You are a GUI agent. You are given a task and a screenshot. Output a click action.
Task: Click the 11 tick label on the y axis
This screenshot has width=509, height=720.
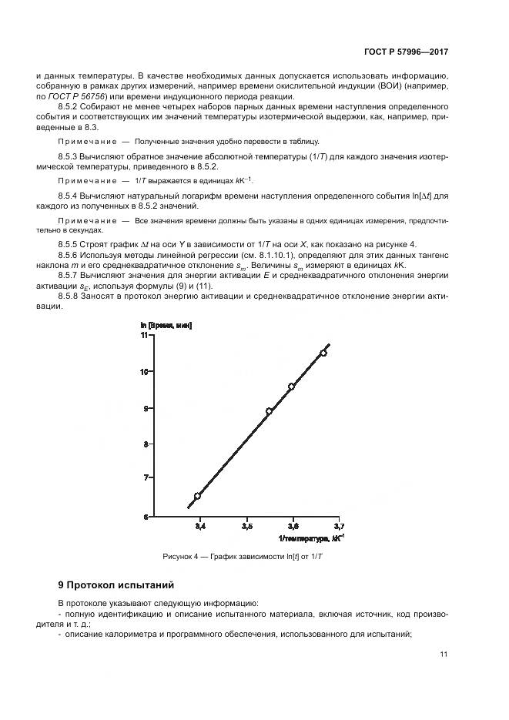[x=144, y=335]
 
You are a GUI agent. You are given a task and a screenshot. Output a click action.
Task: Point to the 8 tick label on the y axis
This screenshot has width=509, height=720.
[x=146, y=444]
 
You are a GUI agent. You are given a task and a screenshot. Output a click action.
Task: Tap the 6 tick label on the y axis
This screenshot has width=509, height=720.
[x=146, y=517]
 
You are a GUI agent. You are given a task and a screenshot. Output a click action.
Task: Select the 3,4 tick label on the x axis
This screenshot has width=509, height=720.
[x=200, y=527]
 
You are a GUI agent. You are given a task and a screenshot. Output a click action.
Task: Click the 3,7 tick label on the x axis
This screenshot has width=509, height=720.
[x=340, y=527]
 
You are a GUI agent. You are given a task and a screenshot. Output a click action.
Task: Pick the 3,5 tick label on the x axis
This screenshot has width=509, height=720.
[x=246, y=527]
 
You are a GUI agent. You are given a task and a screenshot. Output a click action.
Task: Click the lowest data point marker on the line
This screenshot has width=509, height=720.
[x=197, y=496]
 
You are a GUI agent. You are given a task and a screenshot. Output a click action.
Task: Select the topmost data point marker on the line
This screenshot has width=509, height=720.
[x=323, y=353]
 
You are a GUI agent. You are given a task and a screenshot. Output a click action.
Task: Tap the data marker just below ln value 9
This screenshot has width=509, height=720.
[x=269, y=411]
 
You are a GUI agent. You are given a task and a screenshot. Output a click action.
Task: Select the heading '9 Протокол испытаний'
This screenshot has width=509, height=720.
[x=116, y=584]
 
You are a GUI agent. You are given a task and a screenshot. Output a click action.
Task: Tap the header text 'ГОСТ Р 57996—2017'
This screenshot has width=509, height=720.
[x=407, y=52]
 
